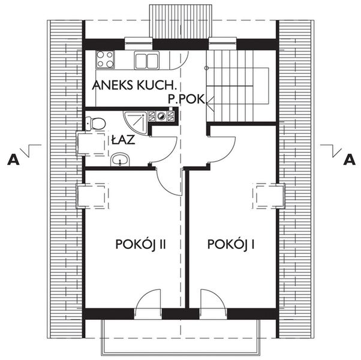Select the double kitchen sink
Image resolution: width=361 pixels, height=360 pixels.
tap(147, 60)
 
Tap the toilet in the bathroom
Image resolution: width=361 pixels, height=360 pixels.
tap(96, 124)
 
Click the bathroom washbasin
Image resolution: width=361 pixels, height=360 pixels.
tap(120, 160)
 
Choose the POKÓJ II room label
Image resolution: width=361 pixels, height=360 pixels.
tap(140, 245)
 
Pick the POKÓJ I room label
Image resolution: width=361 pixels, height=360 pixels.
tap(232, 245)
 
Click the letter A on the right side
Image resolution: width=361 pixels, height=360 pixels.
tap(348, 160)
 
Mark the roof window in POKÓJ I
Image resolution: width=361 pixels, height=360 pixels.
tap(268, 196)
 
